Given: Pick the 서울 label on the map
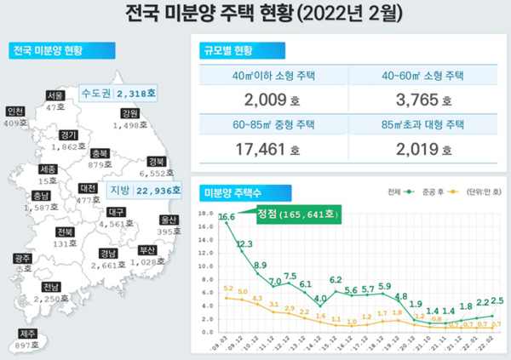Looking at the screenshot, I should [x=56, y=95].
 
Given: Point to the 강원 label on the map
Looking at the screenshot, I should [x=129, y=113].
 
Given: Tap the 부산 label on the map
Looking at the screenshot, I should [x=146, y=250].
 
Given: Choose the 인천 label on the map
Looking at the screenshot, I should [x=15, y=111].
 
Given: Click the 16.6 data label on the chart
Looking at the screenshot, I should [x=227, y=218].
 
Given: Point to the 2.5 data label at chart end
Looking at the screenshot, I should [x=498, y=302].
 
